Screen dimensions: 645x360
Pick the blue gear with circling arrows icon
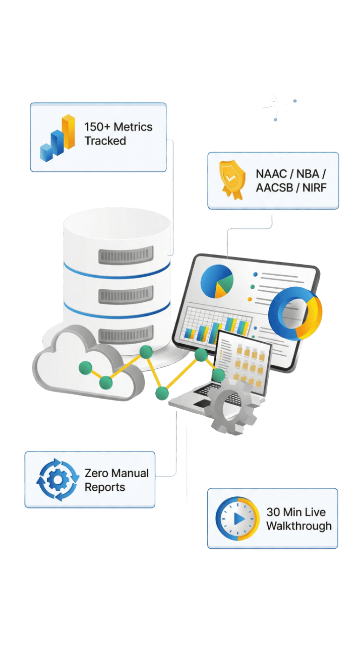(57, 480)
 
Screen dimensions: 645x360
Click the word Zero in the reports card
(96, 473)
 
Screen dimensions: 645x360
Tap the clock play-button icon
(237, 519)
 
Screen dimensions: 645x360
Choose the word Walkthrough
(298, 526)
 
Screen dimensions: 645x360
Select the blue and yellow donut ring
(295, 313)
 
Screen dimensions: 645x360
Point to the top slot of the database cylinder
(125, 255)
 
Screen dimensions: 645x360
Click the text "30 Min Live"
(296, 512)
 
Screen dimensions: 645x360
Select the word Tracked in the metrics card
(105, 141)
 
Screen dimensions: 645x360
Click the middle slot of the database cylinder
(125, 294)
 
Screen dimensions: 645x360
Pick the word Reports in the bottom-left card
(104, 487)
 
